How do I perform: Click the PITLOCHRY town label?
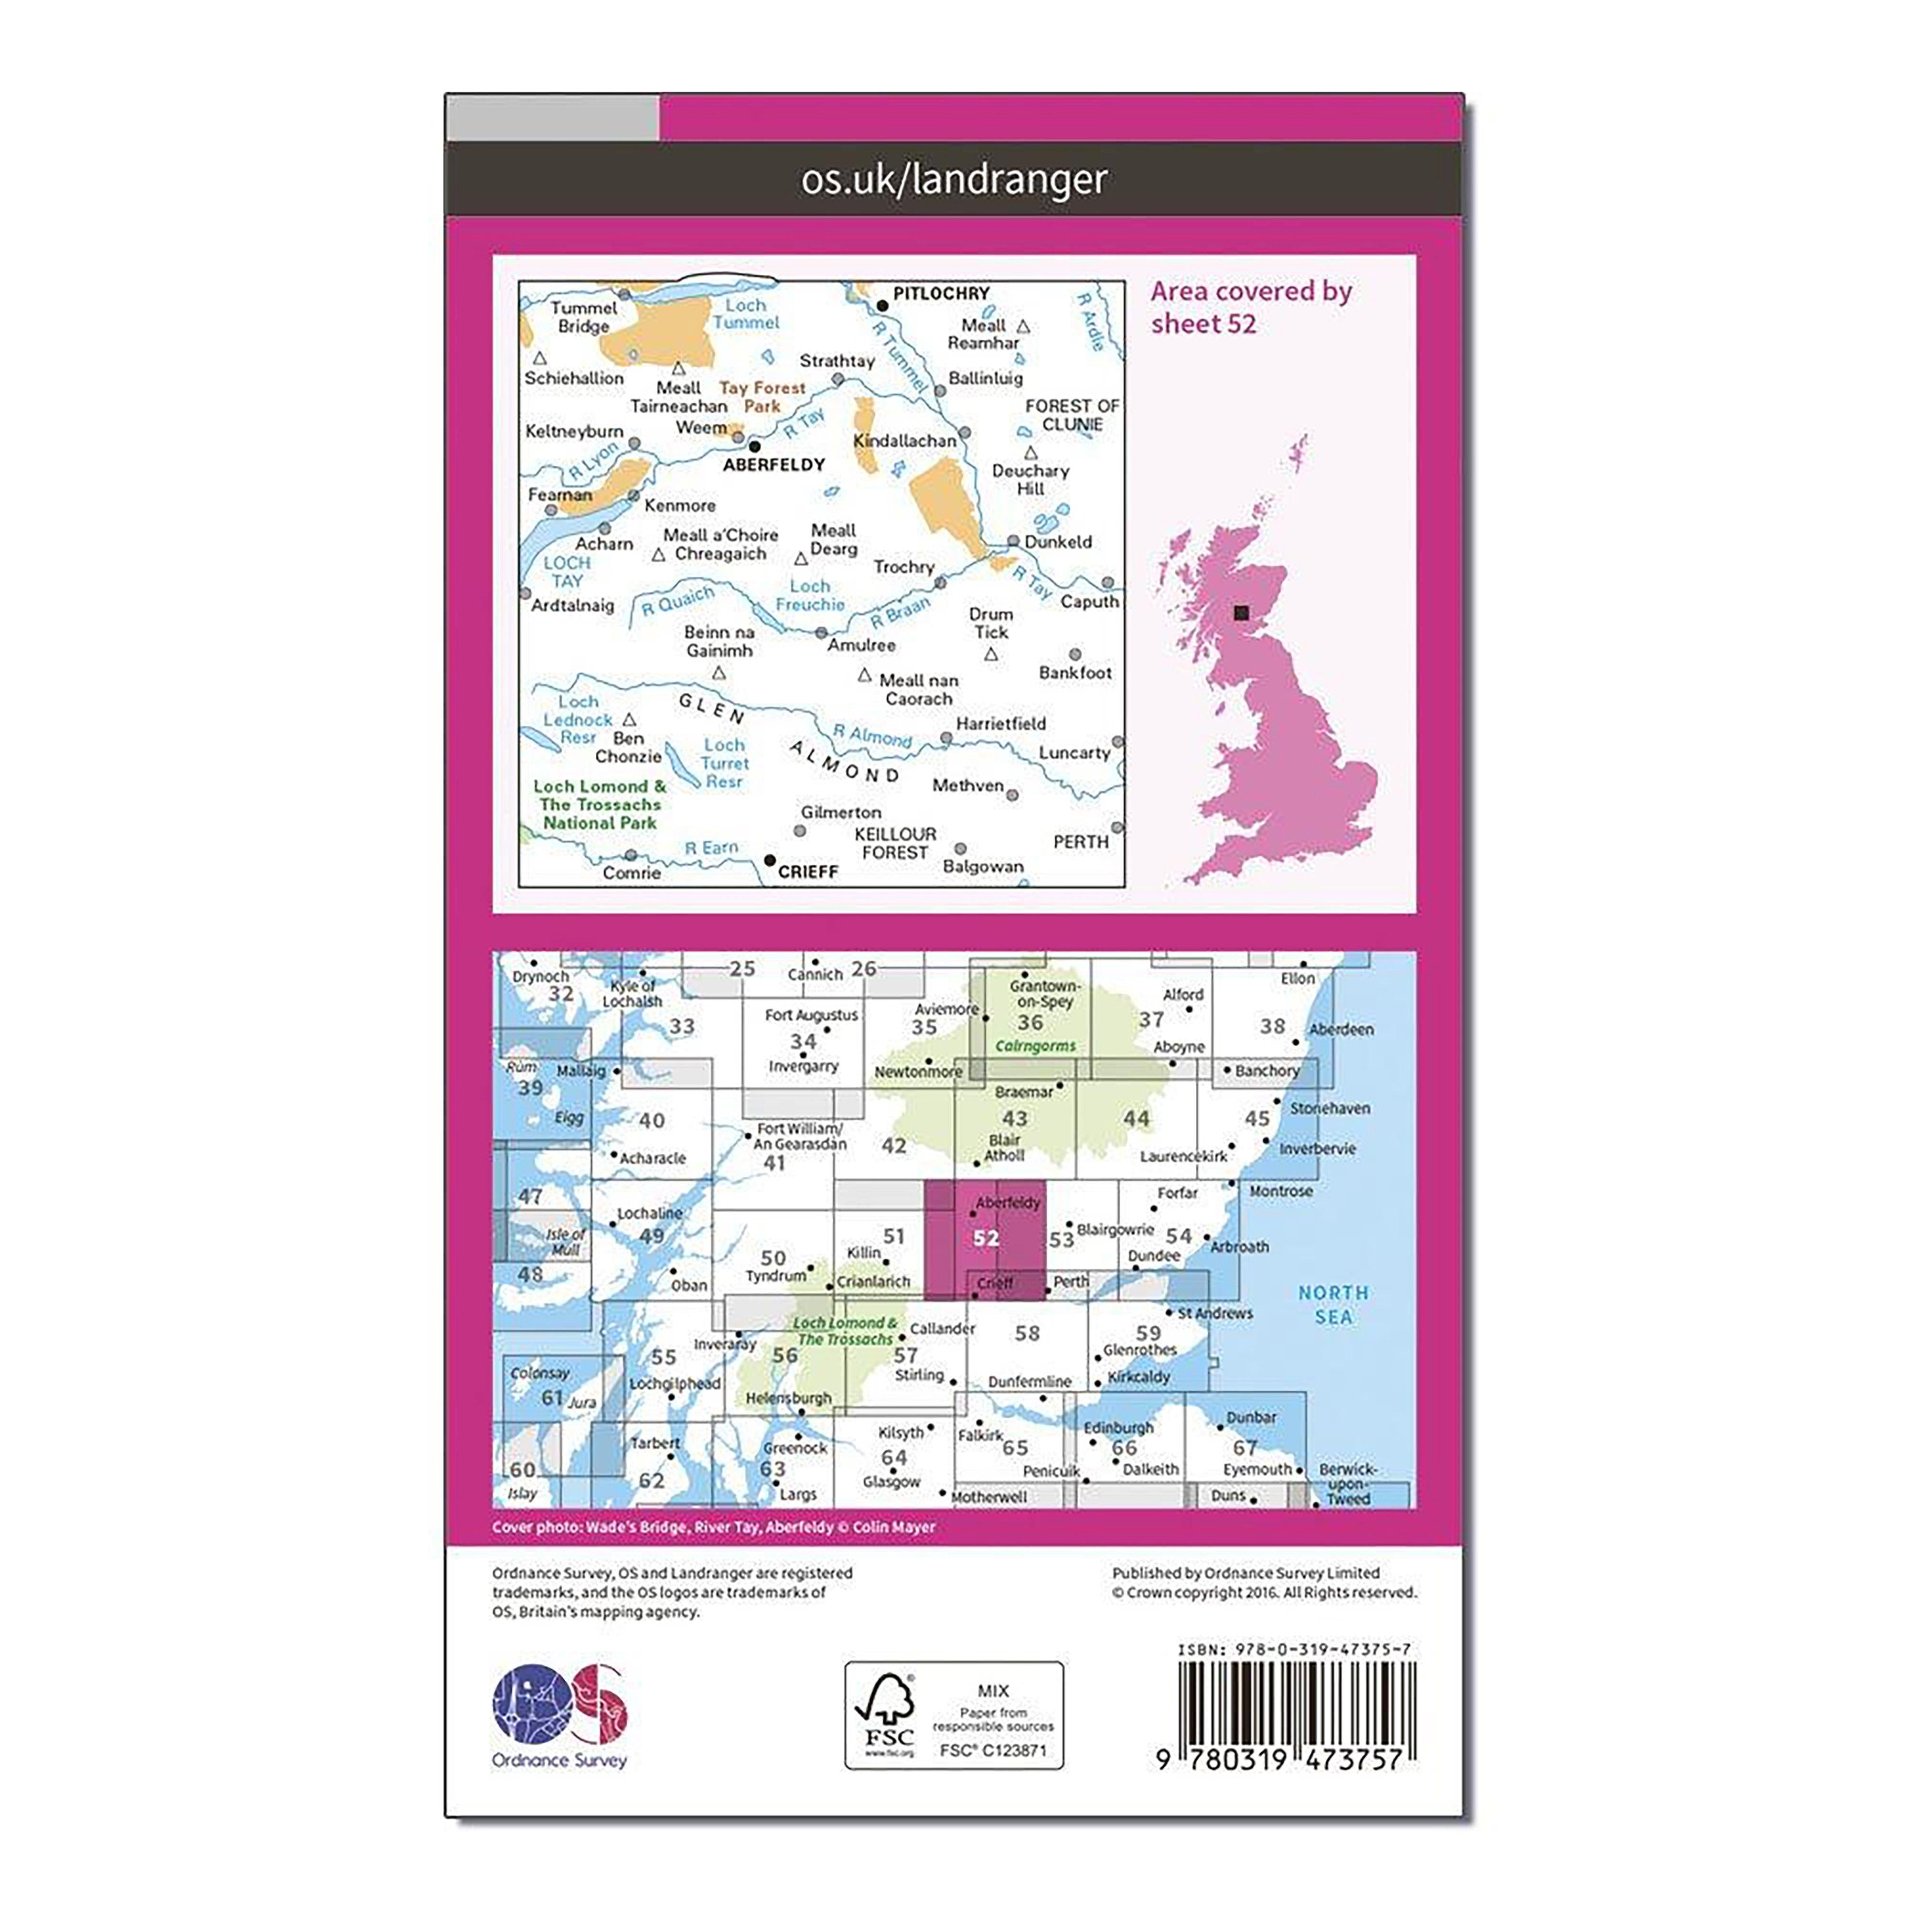(x=941, y=294)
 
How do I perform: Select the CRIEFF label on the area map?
(x=808, y=871)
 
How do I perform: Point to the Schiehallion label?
(x=574, y=378)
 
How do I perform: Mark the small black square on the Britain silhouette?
(x=1242, y=613)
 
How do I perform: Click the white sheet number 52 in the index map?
(x=985, y=1237)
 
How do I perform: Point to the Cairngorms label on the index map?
(x=1035, y=1045)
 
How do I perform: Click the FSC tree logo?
(x=887, y=1714)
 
